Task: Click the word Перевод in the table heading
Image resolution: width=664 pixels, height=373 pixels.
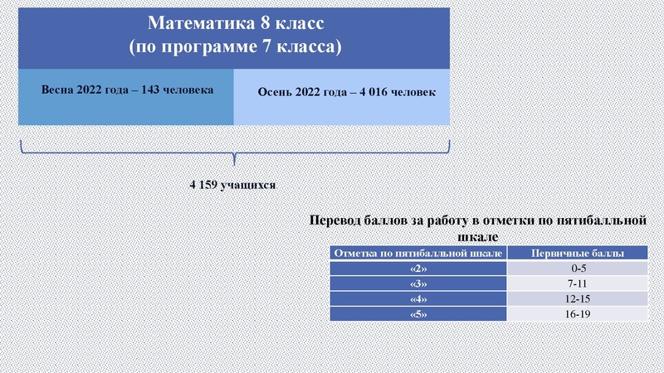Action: pyautogui.click(x=339, y=221)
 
